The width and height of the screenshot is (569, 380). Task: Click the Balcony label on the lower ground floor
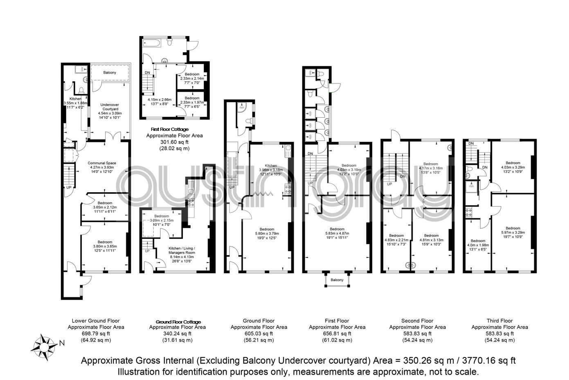(110, 73)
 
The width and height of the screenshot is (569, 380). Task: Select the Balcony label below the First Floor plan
(337, 280)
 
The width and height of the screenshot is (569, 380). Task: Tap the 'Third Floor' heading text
(499, 321)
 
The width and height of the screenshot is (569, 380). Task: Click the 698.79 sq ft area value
(96, 333)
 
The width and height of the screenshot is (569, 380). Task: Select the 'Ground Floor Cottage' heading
(178, 322)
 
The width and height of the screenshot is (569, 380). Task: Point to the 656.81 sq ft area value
(337, 333)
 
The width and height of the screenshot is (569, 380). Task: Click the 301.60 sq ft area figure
(174, 142)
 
